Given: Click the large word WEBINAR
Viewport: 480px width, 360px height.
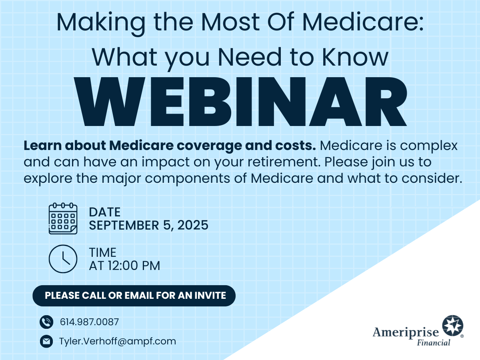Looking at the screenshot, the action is coord(240,102).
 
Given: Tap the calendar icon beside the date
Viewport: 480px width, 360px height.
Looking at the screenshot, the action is coord(63,218).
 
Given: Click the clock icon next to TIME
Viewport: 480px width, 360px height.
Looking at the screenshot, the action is coord(63,259).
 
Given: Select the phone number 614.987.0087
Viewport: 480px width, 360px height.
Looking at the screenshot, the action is coord(90,322).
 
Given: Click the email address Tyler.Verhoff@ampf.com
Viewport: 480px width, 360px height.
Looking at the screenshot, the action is coord(118,341).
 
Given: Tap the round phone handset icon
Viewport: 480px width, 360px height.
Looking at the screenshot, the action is coord(46,322).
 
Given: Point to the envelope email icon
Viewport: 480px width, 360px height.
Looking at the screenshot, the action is coord(46,341).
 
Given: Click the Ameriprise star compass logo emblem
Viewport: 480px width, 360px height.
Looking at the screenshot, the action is coord(453,326).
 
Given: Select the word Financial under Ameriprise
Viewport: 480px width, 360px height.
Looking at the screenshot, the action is coord(434,342).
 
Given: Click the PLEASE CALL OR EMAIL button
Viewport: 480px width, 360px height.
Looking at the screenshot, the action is coord(134,296).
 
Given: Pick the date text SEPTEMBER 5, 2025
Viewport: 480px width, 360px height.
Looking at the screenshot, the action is coord(148,225).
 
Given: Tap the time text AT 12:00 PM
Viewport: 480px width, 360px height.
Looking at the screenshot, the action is coord(124,266).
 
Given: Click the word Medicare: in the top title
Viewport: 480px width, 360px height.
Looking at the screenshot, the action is coord(363,22).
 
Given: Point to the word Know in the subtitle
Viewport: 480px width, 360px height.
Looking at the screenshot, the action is coord(355,57).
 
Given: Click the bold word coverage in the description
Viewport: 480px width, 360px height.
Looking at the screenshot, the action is coord(209,146).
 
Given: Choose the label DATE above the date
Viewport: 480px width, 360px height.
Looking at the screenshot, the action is coord(104,212).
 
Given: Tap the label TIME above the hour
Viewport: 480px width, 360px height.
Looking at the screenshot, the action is coord(102,252).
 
